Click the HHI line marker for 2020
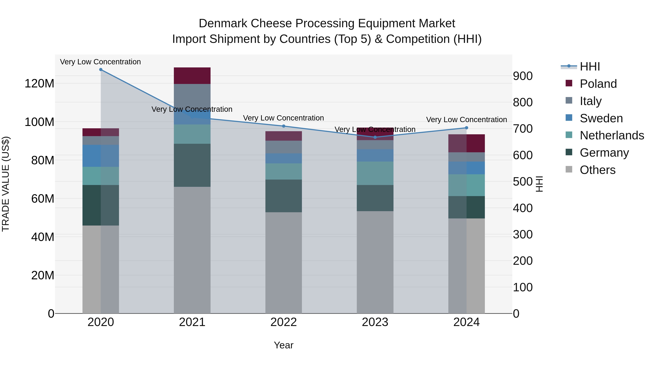(x=101, y=70)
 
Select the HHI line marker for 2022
(x=284, y=126)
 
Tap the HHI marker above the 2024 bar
(x=466, y=128)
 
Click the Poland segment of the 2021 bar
(x=192, y=76)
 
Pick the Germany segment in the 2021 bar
(x=192, y=165)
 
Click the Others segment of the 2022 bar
(x=284, y=263)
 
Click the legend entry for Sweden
(x=601, y=118)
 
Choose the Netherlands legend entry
(x=612, y=135)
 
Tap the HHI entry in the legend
(x=590, y=67)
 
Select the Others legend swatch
(x=569, y=169)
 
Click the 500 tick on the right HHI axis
(x=522, y=182)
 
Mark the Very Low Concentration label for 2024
(x=466, y=120)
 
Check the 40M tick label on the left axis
(x=43, y=237)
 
